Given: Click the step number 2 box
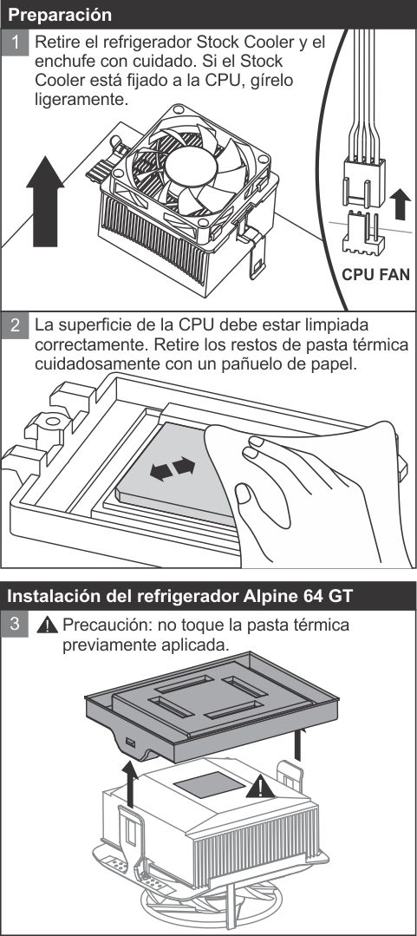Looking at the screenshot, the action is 15,325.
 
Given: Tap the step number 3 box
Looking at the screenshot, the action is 15,625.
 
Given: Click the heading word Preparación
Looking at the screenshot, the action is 60,15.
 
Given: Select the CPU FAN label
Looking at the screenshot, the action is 376,275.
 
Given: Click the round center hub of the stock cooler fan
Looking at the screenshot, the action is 190,166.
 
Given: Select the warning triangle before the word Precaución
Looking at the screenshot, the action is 47,625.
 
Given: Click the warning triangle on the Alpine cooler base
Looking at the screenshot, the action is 260,787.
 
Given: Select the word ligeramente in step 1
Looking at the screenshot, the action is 81,99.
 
